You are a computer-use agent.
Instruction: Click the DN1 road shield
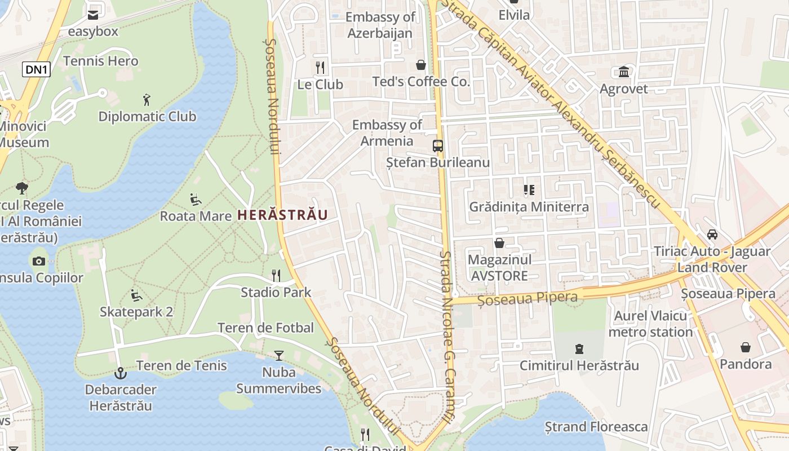[37, 69]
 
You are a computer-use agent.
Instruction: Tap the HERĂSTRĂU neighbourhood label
[282, 215]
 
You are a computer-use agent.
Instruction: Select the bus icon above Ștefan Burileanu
[438, 146]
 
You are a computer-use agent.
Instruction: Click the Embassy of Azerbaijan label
[380, 25]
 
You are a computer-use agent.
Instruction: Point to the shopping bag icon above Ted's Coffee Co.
[420, 65]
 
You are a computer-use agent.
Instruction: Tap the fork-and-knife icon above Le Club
[320, 68]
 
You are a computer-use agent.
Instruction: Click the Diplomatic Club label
[147, 117]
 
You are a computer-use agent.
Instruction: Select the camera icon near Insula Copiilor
[39, 260]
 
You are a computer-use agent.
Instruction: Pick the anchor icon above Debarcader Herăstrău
[120, 373]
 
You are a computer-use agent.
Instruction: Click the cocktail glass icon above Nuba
[278, 355]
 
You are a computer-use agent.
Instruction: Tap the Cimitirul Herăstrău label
[579, 365]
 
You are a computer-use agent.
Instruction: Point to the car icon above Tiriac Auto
[712, 235]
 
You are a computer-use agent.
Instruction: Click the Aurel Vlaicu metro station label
[650, 324]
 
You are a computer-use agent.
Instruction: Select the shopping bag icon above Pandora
[746, 347]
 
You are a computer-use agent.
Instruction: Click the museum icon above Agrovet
[624, 72]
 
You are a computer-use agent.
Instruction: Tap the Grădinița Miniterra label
[529, 207]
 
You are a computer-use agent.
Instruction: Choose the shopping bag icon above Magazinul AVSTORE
[499, 243]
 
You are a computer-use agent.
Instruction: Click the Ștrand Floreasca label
[596, 427]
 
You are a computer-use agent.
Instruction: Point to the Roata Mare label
[196, 216]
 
